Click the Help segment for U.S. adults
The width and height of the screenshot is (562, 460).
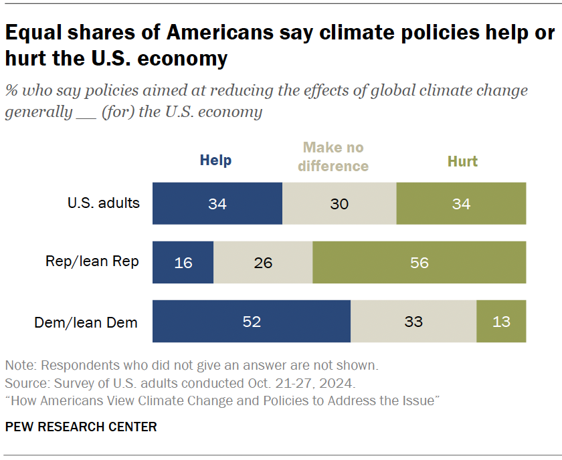tap(217, 203)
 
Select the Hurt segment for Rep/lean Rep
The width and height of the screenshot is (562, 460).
tap(419, 262)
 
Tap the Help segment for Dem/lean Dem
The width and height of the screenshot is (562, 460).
tap(252, 322)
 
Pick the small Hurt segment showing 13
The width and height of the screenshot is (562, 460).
tap(500, 322)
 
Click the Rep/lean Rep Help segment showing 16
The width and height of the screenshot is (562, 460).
tap(183, 262)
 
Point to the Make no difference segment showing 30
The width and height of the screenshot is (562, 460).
tap(339, 203)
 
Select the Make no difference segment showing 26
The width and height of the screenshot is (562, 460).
tap(263, 262)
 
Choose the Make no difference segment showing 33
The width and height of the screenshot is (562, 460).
tap(413, 322)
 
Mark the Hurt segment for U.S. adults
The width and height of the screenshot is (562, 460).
tap(461, 203)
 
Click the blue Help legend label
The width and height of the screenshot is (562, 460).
tap(215, 160)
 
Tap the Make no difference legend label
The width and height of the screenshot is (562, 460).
tap(333, 156)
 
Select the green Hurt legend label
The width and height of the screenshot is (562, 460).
tap(462, 161)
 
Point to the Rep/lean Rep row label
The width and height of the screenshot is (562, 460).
tap(92, 261)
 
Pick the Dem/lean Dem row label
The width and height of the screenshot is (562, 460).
tap(86, 322)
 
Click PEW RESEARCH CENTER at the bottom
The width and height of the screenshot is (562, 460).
tap(81, 427)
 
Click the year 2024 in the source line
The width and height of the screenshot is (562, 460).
tap(340, 384)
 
